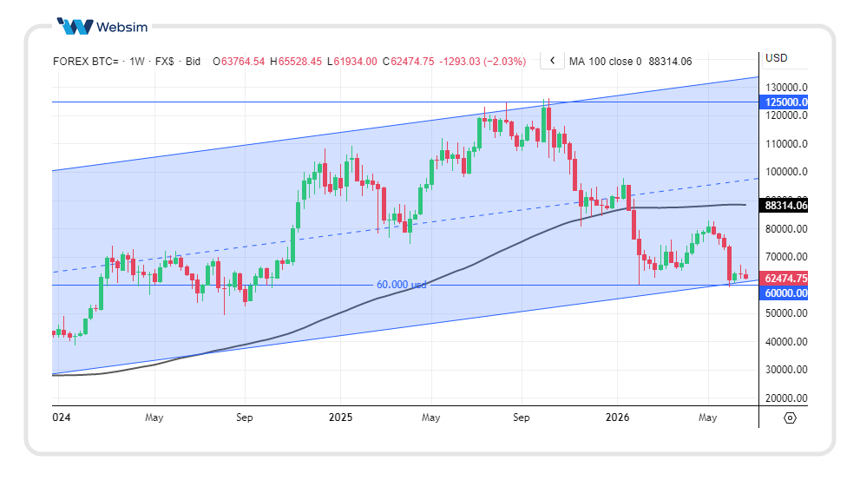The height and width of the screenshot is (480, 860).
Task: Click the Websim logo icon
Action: [75, 26]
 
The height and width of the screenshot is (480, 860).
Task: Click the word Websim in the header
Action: [121, 27]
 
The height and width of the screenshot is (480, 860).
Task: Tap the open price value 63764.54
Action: [242, 62]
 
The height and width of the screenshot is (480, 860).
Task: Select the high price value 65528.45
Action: [299, 62]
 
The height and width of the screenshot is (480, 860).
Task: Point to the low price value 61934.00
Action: [355, 62]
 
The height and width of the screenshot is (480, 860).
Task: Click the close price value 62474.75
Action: [412, 62]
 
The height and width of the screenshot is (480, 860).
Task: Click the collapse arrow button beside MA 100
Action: [552, 61]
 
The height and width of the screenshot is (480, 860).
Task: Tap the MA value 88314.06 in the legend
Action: [670, 62]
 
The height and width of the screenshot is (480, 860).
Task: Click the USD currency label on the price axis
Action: [776, 58]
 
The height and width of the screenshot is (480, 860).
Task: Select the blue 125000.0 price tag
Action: [784, 102]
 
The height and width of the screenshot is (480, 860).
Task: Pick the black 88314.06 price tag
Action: [784, 206]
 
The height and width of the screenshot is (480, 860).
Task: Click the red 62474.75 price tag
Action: [784, 278]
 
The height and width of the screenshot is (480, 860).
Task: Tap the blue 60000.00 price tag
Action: [784, 293]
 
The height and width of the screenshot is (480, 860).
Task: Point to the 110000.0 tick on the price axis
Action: [786, 144]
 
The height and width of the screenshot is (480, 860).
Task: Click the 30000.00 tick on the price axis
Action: [786, 370]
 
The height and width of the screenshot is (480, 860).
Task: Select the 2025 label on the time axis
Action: [340, 418]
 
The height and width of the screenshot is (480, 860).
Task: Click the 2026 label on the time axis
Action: [617, 418]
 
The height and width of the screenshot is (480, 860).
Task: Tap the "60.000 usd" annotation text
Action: [401, 284]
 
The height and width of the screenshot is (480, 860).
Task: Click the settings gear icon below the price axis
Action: [790, 418]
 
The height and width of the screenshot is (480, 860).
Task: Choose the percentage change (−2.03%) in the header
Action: [504, 62]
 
